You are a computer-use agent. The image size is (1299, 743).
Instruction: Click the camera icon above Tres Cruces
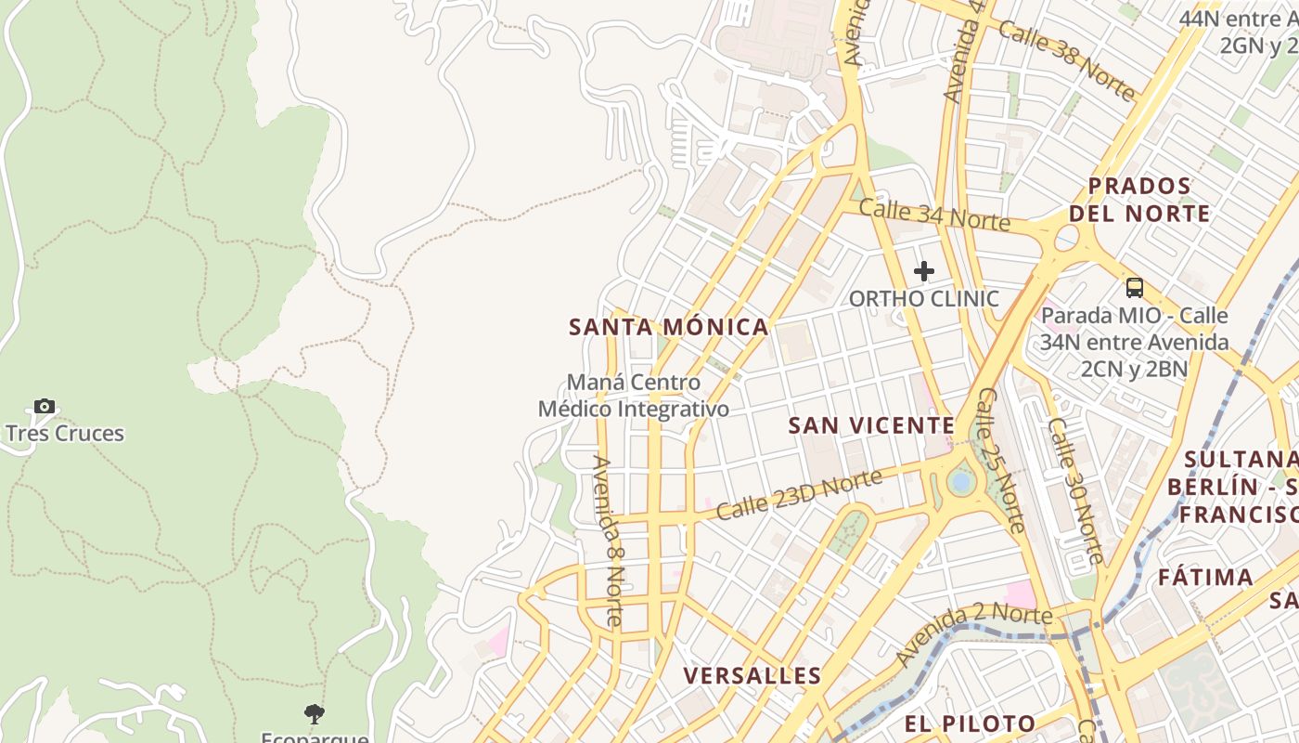44,406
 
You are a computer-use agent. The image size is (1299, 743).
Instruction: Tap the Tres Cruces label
65,434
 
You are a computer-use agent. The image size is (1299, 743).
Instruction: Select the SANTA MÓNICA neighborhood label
668,327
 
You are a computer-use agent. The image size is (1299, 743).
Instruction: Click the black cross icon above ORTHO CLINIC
923,271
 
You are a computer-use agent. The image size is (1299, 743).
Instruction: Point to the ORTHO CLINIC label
924,299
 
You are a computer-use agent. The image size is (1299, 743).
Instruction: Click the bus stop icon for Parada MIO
1134,288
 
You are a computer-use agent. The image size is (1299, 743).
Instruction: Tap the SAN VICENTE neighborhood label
871,425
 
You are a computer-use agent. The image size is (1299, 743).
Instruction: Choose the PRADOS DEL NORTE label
1139,200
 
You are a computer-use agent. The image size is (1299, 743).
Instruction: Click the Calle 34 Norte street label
933,215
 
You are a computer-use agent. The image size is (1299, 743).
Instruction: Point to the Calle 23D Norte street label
798,495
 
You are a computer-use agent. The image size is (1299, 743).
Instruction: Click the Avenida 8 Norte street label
609,541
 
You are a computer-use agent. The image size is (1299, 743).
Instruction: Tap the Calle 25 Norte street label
1001,461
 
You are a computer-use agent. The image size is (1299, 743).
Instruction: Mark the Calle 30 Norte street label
1076,490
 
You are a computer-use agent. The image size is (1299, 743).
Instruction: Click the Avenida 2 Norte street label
973,632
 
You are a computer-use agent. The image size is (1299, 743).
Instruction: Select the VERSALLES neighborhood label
752,676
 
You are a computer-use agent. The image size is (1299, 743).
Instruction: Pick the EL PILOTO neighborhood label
971,723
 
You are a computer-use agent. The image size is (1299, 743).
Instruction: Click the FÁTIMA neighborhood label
1205,578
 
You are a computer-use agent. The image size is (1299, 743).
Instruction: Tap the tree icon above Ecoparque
315,714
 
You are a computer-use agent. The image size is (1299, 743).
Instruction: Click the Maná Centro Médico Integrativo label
634,396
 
